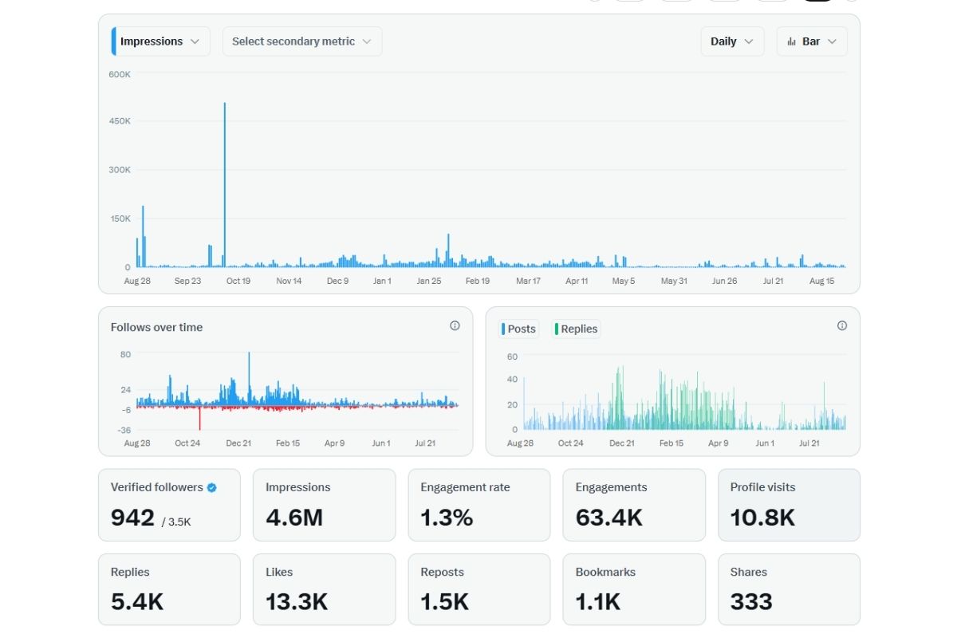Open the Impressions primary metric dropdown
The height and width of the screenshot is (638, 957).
[x=160, y=41]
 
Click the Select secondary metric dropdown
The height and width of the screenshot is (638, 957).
[x=301, y=41]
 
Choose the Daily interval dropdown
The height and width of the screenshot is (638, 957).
[x=731, y=41]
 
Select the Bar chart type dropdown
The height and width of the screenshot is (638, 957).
[x=811, y=41]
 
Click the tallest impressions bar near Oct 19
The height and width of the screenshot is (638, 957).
[x=225, y=183]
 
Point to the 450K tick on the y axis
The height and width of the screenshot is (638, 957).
[x=120, y=121]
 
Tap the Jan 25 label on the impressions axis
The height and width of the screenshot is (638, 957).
[x=429, y=281]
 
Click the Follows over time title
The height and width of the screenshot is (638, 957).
[x=156, y=327]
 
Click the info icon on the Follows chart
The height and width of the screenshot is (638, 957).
[x=455, y=325]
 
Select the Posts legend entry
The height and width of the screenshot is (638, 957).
[x=520, y=329]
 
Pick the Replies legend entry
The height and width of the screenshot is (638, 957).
[x=577, y=329]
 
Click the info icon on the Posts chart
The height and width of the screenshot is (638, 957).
[x=842, y=325]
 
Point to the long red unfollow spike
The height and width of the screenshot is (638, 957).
[x=199, y=419]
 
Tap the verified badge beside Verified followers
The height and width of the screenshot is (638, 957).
[x=212, y=487]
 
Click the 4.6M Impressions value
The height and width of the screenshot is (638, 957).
[x=294, y=518]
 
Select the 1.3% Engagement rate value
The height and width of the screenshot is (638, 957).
[x=447, y=518]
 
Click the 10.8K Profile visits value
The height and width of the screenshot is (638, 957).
[x=762, y=518]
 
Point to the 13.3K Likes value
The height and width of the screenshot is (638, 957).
[x=297, y=601]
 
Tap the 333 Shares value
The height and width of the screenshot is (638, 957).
[x=751, y=601]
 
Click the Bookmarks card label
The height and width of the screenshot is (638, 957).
[x=605, y=572]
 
